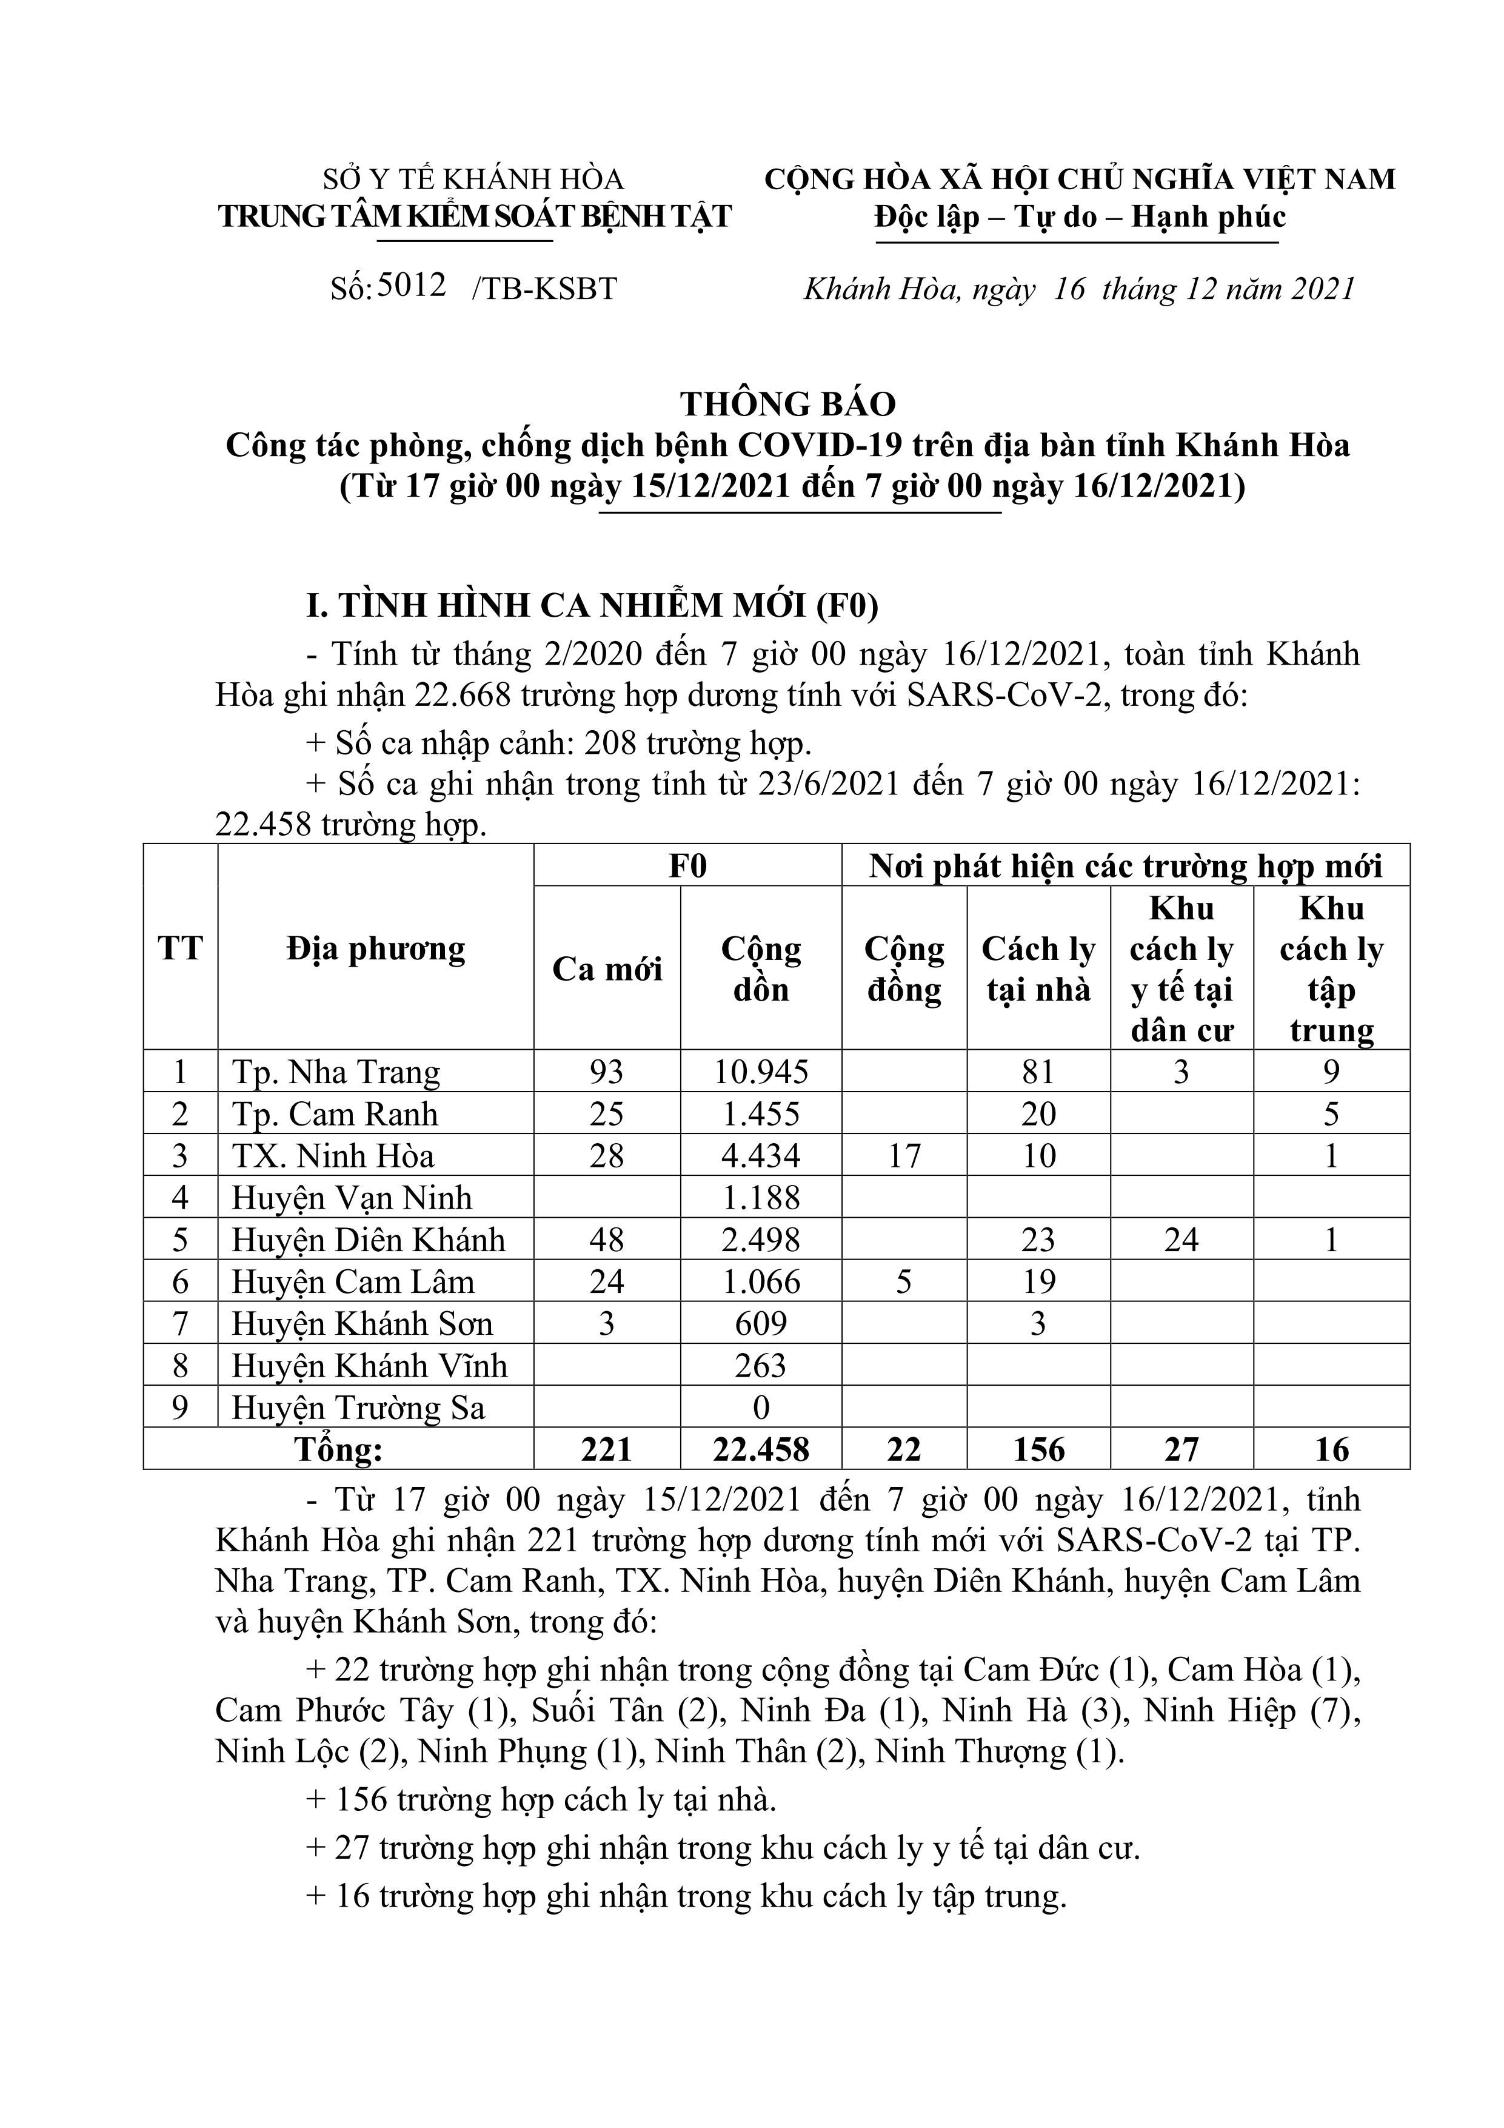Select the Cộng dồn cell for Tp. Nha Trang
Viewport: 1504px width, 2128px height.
[x=761, y=1072]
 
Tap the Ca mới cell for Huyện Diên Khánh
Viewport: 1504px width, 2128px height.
[x=606, y=1240]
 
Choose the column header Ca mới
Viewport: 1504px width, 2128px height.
[x=607, y=968]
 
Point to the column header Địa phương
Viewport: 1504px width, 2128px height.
[x=375, y=948]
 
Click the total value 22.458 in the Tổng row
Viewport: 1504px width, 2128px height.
[x=761, y=1449]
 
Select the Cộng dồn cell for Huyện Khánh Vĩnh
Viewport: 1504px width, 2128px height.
[x=761, y=1365]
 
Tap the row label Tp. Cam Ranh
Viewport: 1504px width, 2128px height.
[x=335, y=1114]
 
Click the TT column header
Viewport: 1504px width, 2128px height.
[x=180, y=948]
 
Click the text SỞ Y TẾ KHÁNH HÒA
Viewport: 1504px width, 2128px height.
[x=473, y=179]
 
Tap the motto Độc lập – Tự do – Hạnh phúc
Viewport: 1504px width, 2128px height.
[x=1080, y=217]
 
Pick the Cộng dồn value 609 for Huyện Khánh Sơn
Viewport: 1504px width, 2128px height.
[x=761, y=1323]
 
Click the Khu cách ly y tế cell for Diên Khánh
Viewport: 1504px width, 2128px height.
[x=1181, y=1240]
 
